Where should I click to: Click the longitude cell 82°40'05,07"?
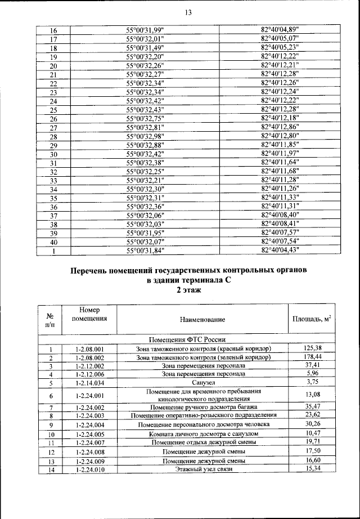(280, 39)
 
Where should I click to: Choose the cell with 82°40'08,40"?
(280, 215)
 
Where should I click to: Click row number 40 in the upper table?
(54, 241)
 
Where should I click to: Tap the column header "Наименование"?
(202, 320)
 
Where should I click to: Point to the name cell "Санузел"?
(202, 382)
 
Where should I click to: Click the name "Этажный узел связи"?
(202, 469)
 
